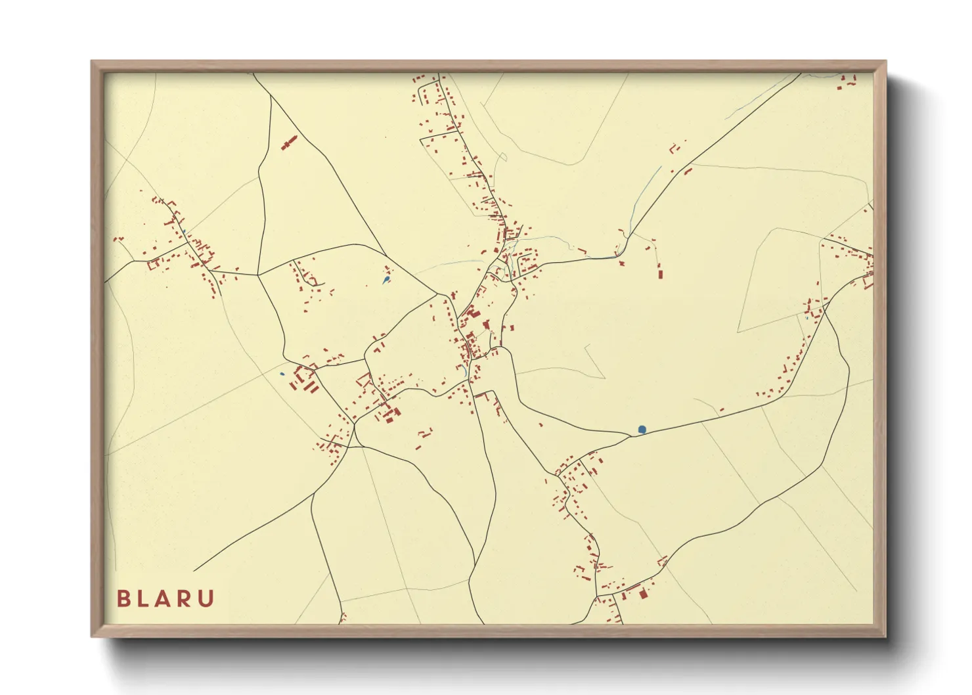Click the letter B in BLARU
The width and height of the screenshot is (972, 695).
tap(123, 598)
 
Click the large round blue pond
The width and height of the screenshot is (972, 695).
tap(642, 430)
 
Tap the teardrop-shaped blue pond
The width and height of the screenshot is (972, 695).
tap(386, 280)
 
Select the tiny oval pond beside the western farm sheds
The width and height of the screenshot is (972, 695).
tap(282, 374)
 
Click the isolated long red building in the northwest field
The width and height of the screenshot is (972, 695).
tap(289, 143)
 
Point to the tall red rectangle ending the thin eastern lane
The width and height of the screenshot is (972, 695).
tap(660, 271)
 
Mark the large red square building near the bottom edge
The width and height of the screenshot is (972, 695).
tap(643, 594)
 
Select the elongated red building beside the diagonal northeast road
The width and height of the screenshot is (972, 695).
tap(688, 171)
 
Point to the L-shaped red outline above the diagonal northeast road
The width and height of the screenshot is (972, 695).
tap(673, 148)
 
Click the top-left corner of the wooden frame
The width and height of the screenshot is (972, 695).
tap(91, 61)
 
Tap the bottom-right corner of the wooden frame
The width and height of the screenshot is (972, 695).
tap(886, 637)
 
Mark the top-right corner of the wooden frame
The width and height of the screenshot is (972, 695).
tap(886, 61)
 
